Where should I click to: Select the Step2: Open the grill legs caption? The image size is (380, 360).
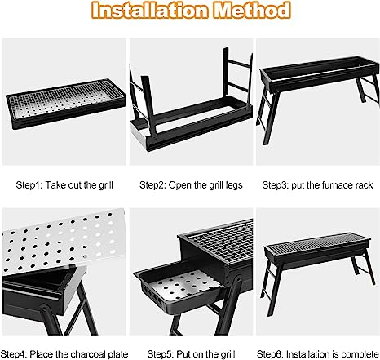click(x=189, y=186)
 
